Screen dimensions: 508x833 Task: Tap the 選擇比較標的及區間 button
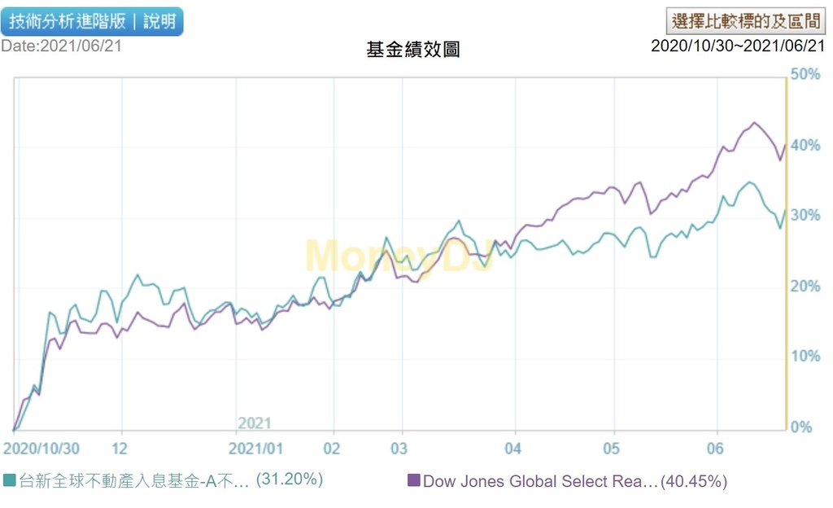[744, 20]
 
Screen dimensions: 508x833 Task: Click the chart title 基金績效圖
[413, 50]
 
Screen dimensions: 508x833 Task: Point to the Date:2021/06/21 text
[61, 46]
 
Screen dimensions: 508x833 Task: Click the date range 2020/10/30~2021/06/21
[738, 46]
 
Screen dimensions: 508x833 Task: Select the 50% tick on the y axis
[805, 75]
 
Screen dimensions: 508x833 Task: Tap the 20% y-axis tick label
[805, 287]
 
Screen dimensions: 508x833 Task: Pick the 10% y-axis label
[805, 357]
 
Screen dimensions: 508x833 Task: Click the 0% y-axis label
[801, 427]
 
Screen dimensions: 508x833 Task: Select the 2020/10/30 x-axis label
[41, 449]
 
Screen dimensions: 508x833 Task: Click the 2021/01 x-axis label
[256, 449]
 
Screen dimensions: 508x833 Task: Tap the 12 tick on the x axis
[120, 449]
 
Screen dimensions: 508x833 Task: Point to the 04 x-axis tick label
[512, 449]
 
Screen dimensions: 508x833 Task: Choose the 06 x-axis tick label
[715, 449]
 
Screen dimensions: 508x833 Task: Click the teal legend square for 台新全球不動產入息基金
[9, 480]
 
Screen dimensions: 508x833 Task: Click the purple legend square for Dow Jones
[413, 481]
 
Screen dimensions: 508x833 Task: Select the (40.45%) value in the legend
[694, 481]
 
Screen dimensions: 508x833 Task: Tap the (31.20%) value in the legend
[290, 480]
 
